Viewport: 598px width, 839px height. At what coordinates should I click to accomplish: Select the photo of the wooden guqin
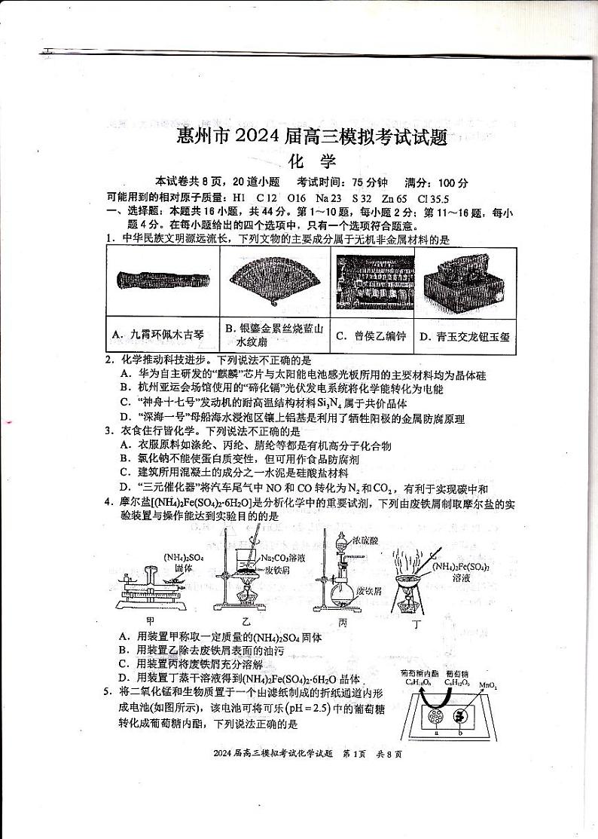(x=161, y=282)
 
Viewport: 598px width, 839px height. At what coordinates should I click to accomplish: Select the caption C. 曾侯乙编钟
(x=371, y=335)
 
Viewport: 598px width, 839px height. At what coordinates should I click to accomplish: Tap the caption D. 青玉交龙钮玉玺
(x=466, y=336)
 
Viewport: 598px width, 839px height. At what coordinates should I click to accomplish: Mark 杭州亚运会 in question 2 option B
(x=166, y=387)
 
